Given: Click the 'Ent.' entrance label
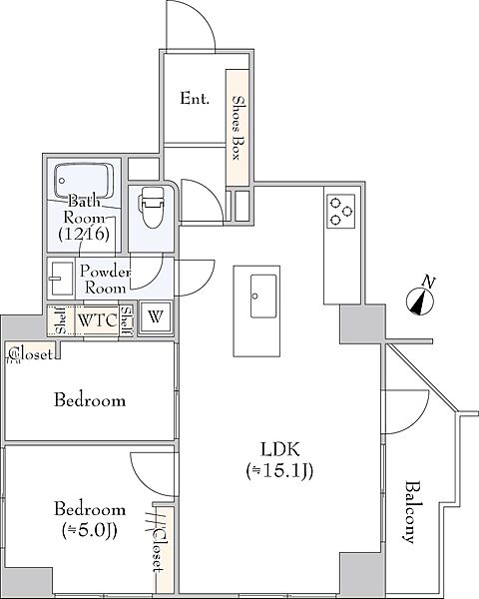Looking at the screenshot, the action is point(195,99).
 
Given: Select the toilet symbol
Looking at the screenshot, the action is point(152,207).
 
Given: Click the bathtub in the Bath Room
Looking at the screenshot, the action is point(84,181).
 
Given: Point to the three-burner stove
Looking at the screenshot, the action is point(340,212).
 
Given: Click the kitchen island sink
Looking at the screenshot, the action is point(263,296).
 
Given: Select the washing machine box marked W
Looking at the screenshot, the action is point(155,317).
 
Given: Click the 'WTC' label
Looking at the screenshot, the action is point(97,320).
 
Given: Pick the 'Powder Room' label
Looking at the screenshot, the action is point(105,280).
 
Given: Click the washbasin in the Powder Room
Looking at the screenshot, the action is point(61,279).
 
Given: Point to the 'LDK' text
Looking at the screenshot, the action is point(280,449).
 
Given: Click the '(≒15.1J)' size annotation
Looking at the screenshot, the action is point(280,471).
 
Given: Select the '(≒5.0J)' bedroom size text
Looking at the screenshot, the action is point(90,530).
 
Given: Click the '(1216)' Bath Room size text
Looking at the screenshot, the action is point(84,234).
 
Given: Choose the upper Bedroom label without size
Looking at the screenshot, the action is point(90,400).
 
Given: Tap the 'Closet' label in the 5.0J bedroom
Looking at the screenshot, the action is point(159,549).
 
